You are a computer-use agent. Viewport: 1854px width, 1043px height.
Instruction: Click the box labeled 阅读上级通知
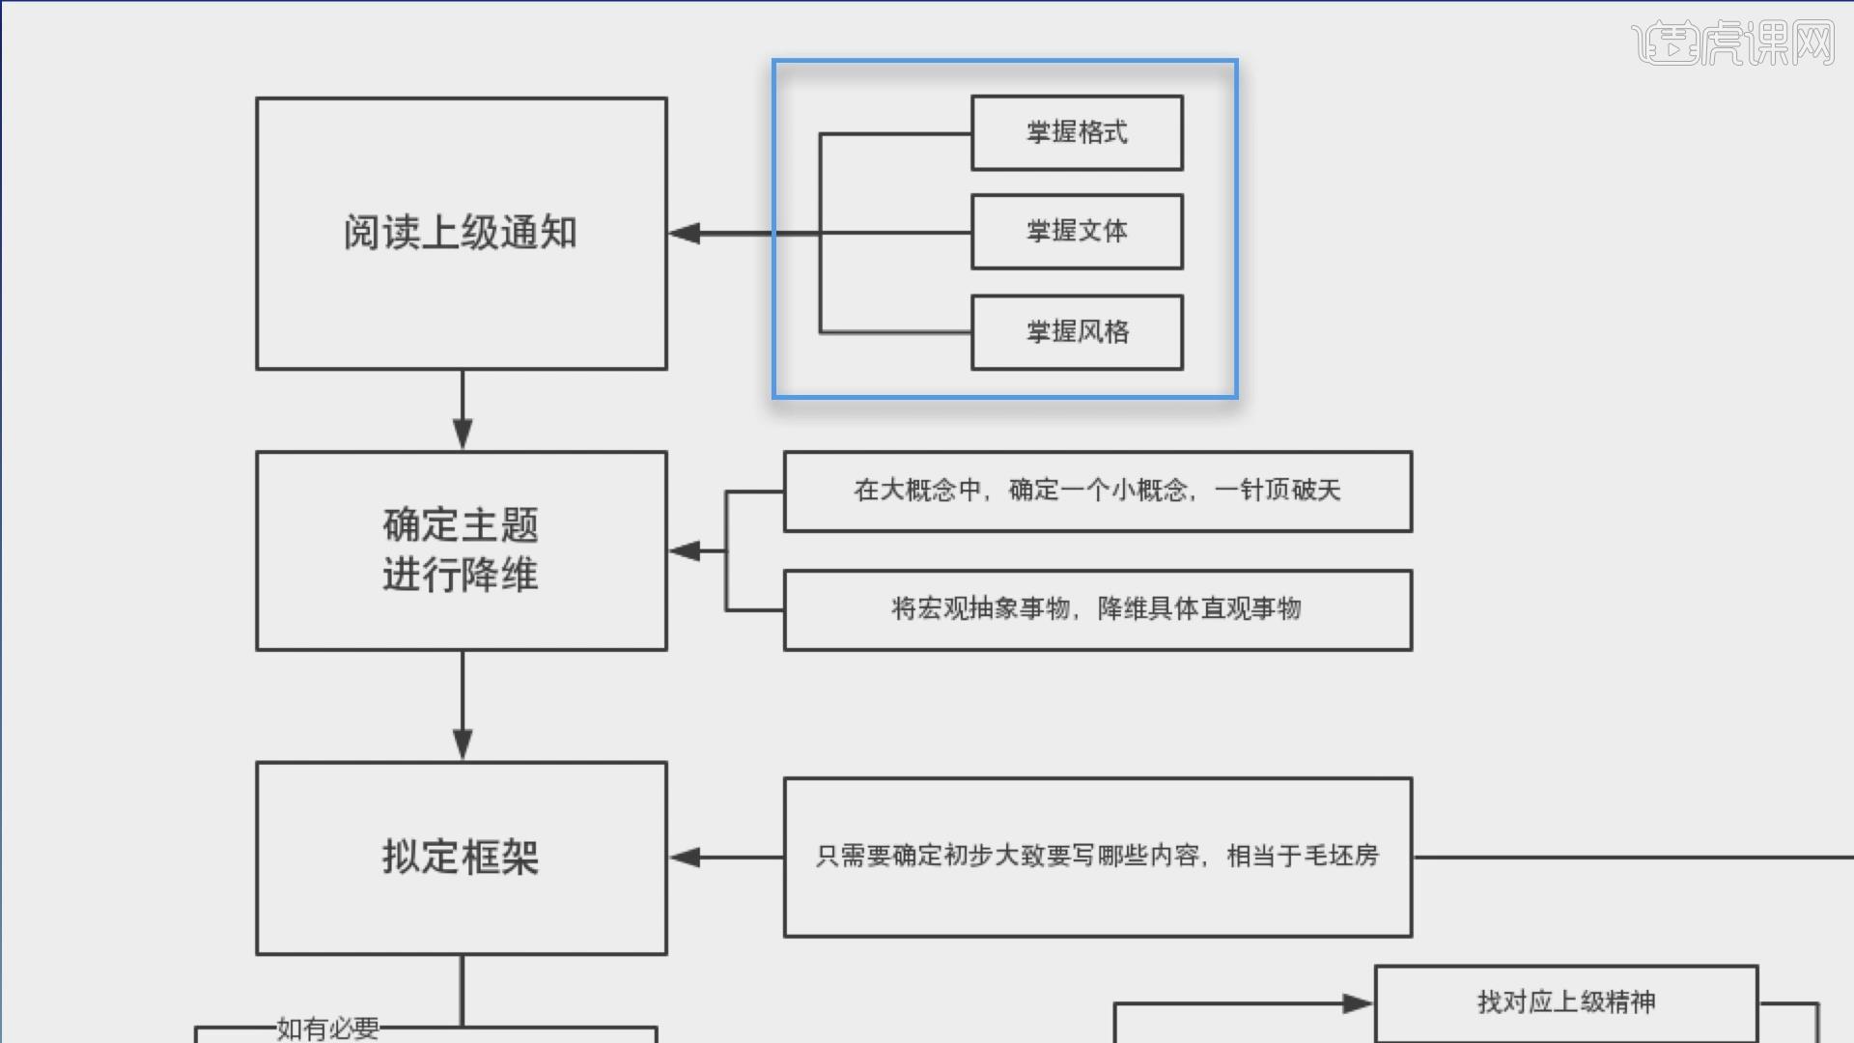461,233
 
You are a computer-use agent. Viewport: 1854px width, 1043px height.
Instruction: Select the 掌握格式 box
1077,132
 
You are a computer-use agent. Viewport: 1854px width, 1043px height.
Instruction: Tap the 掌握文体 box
1077,232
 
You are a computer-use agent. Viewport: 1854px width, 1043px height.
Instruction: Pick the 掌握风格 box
1077,332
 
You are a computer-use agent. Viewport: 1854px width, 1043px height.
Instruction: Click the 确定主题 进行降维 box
461,550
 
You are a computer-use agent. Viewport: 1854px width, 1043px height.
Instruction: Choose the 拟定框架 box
461,858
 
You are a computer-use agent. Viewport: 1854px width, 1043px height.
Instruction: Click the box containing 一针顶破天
1097,491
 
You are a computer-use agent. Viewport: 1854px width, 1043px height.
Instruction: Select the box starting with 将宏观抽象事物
1097,609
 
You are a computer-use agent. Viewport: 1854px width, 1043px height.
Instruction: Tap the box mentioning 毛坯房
1097,857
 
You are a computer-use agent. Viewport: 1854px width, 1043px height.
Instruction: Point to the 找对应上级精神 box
1565,1002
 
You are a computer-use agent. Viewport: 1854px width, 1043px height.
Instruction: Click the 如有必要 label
327,1029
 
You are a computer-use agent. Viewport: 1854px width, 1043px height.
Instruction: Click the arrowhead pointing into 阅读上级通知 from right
685,233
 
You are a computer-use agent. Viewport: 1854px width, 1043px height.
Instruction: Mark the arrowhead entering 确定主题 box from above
463,433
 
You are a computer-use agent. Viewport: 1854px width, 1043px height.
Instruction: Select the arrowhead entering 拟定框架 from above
463,743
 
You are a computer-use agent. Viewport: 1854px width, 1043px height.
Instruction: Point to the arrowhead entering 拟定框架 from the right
685,857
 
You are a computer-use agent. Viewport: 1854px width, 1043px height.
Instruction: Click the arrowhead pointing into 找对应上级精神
1357,1003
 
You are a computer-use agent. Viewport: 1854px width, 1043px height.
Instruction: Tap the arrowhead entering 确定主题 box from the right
685,550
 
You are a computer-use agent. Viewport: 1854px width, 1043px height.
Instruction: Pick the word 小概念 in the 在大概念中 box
1148,491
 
